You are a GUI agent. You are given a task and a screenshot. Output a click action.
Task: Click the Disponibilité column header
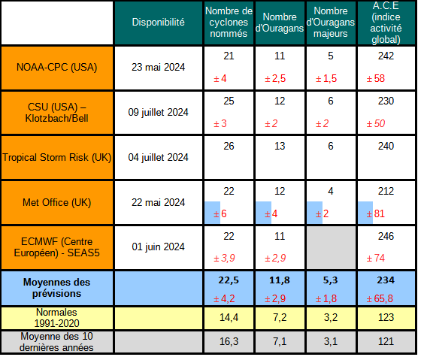coord(158,23)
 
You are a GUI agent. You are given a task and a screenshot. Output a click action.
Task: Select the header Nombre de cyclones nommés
coord(229,23)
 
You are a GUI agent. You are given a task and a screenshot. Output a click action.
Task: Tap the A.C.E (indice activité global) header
coord(386,23)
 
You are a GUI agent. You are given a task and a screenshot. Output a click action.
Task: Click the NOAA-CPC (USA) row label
coord(57,66)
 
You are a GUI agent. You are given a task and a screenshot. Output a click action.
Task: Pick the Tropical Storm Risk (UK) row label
coord(57,157)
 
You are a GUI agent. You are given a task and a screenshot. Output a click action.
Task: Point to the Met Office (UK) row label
coord(57,202)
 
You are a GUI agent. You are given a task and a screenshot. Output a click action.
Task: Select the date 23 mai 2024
coord(158,66)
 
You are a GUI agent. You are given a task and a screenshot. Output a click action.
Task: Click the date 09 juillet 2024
coord(158,112)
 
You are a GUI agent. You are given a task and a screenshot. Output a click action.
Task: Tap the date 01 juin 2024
coord(158,247)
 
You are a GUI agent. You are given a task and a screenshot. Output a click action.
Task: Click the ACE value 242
coord(386,56)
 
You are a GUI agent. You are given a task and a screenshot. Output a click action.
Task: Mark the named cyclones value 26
coord(229,146)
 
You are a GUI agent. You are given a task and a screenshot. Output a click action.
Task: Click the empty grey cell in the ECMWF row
coord(331,247)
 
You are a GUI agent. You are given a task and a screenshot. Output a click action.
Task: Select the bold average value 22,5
coord(229,280)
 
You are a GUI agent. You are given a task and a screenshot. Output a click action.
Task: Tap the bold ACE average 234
coord(386,280)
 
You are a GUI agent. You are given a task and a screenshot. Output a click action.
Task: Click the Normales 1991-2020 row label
coord(57,317)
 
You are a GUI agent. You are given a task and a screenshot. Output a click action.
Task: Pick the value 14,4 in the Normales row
coord(229,318)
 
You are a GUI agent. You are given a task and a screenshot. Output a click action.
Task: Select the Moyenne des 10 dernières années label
coord(57,341)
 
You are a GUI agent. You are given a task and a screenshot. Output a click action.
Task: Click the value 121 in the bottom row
coord(386,342)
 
